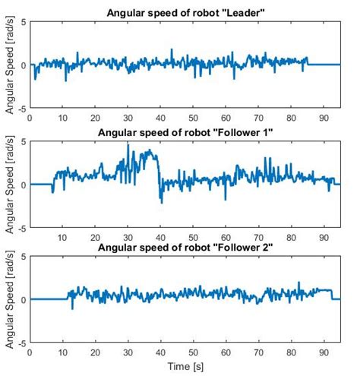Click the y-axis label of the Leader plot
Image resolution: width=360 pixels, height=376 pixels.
(x=9, y=65)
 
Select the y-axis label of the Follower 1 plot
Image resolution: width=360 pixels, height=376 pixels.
(x=9, y=185)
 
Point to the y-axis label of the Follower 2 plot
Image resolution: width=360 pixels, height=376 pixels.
(x=9, y=300)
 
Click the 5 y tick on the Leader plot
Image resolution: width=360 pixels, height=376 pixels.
(x=22, y=22)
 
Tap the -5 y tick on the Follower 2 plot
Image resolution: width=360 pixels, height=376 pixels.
(x=21, y=343)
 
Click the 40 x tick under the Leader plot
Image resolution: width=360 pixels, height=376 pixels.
(x=160, y=118)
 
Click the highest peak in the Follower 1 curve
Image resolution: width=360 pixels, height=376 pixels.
(x=128, y=143)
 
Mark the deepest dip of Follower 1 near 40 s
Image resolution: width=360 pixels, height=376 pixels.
(x=161, y=201)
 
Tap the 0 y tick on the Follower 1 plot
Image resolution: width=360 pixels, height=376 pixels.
(x=24, y=185)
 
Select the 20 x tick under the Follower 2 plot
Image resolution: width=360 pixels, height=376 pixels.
(x=95, y=353)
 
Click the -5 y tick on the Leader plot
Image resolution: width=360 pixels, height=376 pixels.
(x=21, y=108)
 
